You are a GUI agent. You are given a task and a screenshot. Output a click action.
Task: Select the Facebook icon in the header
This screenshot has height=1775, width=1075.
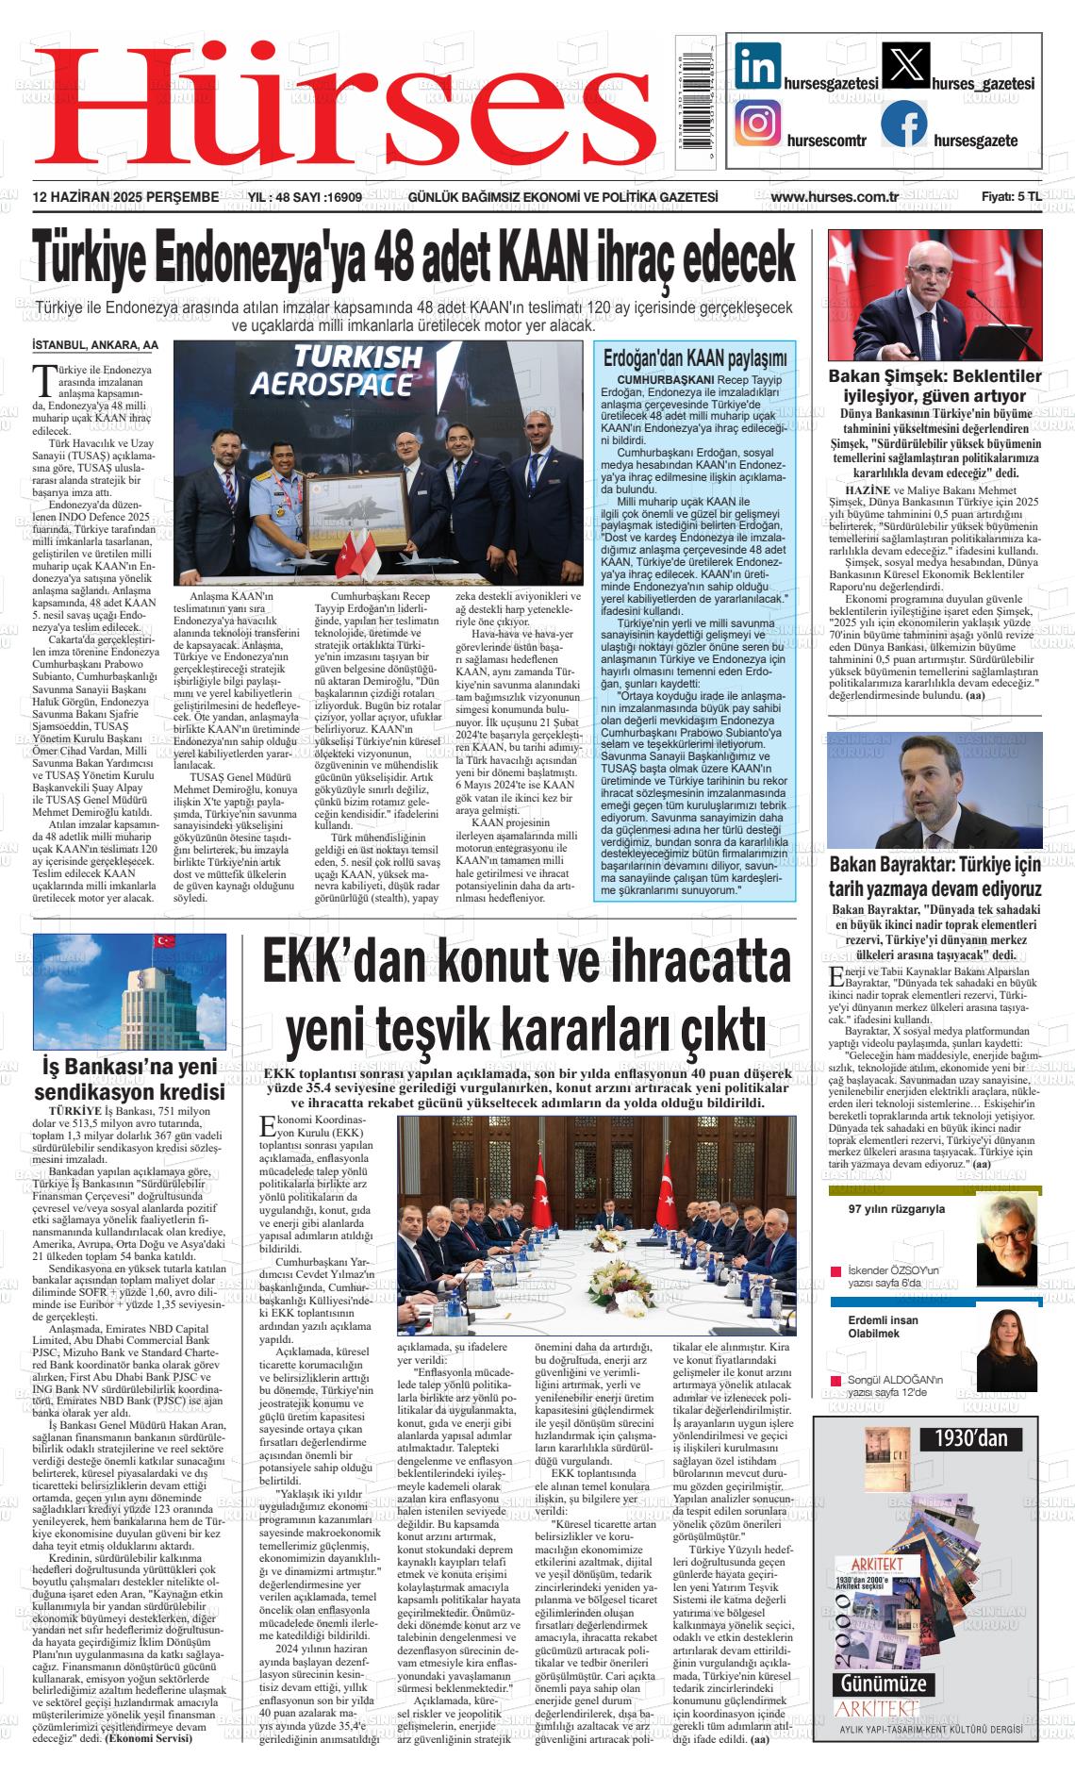click(x=904, y=124)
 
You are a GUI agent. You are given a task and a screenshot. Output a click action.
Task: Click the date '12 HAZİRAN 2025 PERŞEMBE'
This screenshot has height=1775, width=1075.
click(x=125, y=197)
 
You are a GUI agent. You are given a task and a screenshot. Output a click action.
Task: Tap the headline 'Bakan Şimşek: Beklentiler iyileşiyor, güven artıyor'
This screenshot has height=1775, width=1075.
click(x=934, y=386)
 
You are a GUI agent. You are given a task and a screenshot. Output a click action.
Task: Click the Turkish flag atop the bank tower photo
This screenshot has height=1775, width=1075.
click(x=166, y=940)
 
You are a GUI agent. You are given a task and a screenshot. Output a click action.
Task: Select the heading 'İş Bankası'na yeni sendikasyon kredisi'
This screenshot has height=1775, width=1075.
click(x=129, y=1079)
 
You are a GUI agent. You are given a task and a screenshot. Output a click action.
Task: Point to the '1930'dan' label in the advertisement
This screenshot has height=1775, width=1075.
click(x=971, y=1437)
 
